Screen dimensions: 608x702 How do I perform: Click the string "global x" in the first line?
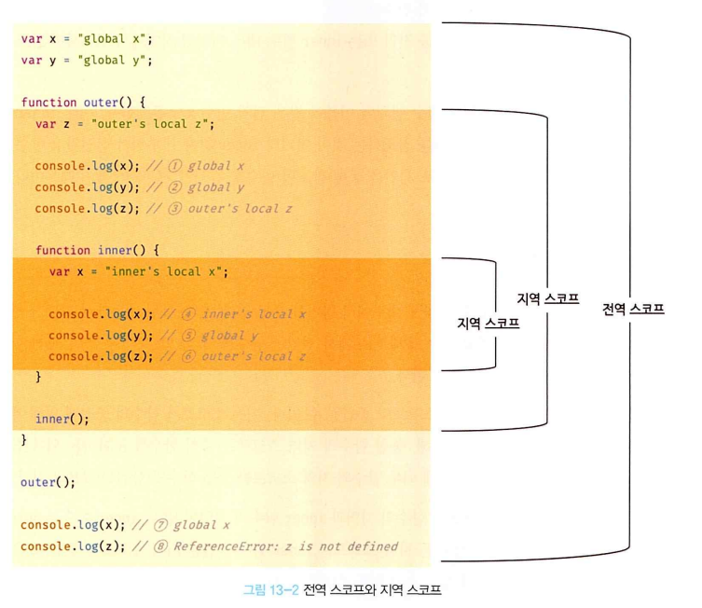pyautogui.click(x=116, y=39)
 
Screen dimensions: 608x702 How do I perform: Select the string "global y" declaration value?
pyautogui.click(x=116, y=61)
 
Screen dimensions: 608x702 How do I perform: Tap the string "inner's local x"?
pyautogui.click(x=167, y=272)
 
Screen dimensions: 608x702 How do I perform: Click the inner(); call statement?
pyautogui.click(x=62, y=419)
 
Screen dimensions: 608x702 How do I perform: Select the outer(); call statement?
pyautogui.click(x=48, y=483)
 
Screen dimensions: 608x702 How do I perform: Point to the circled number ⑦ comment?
pyautogui.click(x=159, y=525)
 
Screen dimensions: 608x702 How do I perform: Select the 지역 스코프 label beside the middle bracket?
pyautogui.click(x=548, y=299)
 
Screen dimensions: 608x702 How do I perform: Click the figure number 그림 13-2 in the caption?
pyautogui.click(x=270, y=589)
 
